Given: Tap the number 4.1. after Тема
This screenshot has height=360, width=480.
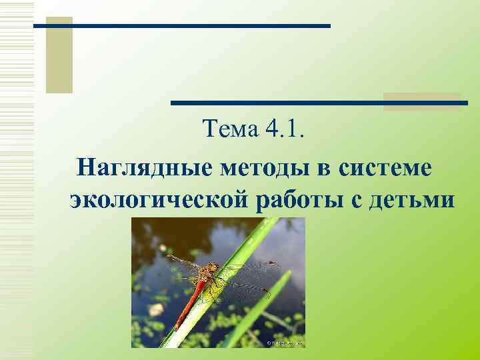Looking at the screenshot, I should click(x=284, y=128).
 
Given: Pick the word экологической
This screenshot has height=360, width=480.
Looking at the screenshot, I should click(x=159, y=199).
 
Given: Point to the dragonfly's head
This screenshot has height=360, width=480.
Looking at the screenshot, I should click(x=212, y=269).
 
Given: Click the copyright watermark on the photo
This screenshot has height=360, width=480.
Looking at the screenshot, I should click(x=286, y=343).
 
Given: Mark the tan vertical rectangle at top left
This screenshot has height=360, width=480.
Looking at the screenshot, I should click(x=59, y=55).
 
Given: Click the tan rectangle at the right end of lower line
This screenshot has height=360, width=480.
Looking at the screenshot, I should click(x=421, y=101).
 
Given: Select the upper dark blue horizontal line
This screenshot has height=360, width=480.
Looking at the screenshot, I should click(x=182, y=26).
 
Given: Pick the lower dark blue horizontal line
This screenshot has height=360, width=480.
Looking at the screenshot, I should click(x=319, y=103).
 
